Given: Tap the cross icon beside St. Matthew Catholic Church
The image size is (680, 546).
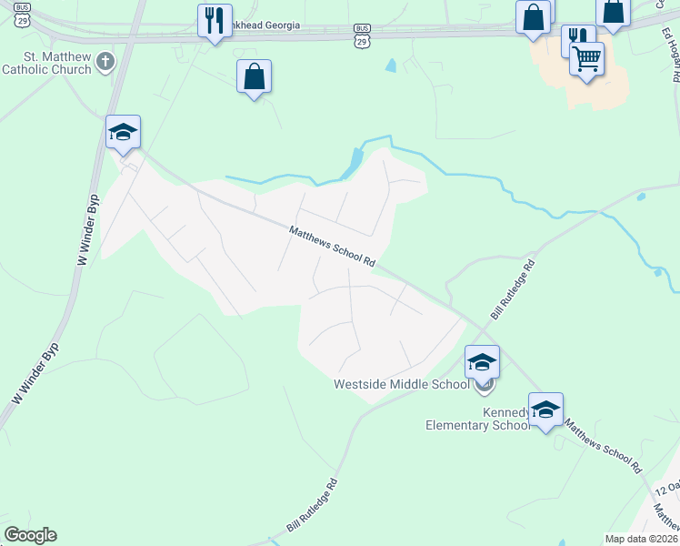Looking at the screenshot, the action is tap(105, 62).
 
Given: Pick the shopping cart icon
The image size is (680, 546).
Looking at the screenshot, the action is tap(586, 59).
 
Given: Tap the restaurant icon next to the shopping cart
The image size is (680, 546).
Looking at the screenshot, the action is tap(576, 37).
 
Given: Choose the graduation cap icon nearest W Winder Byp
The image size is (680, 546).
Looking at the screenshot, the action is tap(123, 132).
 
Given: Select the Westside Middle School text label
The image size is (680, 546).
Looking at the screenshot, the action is tap(401, 384).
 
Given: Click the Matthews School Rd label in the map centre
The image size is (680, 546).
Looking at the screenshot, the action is tap(332, 246).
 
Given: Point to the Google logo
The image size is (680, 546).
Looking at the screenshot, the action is tap(30, 535).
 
